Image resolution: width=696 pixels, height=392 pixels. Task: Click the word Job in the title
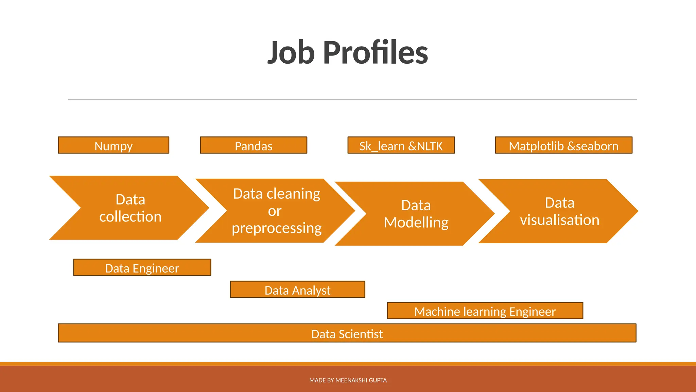[291, 53]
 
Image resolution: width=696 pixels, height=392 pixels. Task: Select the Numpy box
[114, 146]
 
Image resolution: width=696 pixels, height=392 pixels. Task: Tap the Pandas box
[254, 146]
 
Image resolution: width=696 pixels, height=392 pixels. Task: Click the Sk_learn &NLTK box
[401, 146]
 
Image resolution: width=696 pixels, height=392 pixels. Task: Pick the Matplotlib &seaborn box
[563, 146]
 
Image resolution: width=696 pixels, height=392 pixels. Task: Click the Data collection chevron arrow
[130, 208]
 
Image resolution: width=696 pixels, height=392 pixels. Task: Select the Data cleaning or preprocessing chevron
[276, 211]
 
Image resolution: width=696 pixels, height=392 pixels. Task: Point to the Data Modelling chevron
[416, 214]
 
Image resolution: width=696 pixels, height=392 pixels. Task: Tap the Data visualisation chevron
[559, 211]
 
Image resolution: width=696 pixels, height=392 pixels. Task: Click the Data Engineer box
[142, 268]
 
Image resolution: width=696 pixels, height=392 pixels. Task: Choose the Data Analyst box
[297, 290]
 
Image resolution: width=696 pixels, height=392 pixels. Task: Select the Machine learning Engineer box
[485, 311]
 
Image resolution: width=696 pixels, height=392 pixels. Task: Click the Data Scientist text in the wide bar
[347, 334]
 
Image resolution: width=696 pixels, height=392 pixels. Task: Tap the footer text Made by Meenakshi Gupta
[348, 380]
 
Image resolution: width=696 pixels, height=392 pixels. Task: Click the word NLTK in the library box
[430, 146]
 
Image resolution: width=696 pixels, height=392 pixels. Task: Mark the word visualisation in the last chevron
[559, 220]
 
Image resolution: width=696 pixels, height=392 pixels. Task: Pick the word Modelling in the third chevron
[416, 223]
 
